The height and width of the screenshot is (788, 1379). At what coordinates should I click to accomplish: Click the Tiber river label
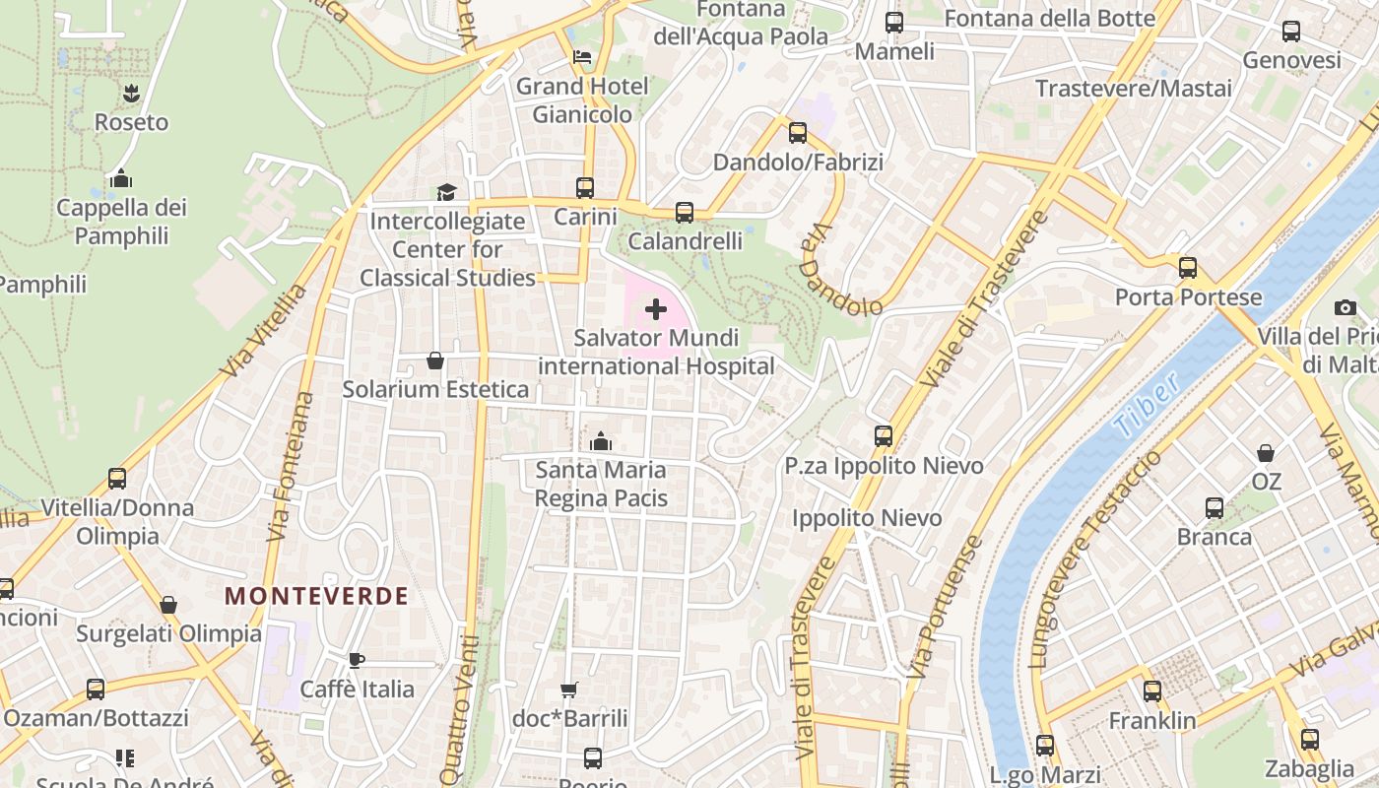[x=1147, y=405]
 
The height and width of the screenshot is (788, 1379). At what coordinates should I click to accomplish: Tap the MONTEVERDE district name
[x=316, y=596]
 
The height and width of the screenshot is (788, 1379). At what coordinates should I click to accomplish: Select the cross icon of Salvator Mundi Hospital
[x=656, y=310]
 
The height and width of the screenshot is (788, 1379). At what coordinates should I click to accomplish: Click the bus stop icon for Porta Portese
[x=1188, y=268]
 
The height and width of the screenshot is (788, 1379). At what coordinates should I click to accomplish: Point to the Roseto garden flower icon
[x=131, y=94]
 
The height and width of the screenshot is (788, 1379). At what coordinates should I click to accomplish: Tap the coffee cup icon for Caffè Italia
[x=357, y=660]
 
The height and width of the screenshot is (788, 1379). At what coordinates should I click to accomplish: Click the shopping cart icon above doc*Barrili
[x=568, y=689]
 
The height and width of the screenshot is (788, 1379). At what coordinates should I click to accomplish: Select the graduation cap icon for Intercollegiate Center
[x=447, y=192]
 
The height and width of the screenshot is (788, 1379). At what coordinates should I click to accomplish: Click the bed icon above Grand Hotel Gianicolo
[x=583, y=57]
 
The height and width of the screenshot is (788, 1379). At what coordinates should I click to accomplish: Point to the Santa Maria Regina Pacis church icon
[x=601, y=441]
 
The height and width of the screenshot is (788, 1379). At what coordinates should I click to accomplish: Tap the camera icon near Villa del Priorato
[x=1346, y=307]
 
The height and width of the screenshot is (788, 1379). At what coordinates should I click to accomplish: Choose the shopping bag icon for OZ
[x=1266, y=453]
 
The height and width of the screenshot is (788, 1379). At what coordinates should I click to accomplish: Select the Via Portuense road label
[x=945, y=606]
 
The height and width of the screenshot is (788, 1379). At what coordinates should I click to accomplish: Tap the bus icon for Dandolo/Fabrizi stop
[x=798, y=132]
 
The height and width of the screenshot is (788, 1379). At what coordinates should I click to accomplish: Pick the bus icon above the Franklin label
[x=1152, y=691]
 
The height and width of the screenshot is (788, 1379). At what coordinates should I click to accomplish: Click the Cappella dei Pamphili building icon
[x=121, y=178]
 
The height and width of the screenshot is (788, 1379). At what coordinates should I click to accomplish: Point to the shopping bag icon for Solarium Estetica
[x=435, y=361]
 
